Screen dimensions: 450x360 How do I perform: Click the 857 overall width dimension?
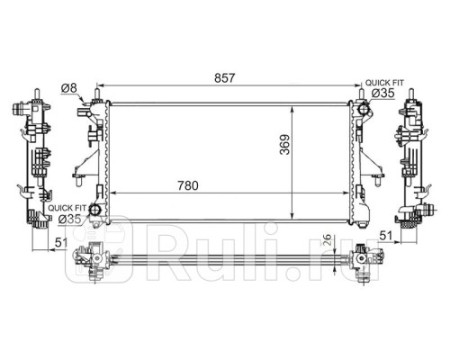point(224,78)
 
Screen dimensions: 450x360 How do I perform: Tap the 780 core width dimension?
point(188,185)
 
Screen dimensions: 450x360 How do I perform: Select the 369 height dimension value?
point(284,145)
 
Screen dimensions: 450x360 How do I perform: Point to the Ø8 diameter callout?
point(69,88)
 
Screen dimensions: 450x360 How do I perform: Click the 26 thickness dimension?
point(329,239)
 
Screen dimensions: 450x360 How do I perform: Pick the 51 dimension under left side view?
point(61,243)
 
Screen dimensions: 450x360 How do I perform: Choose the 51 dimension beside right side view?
point(386,236)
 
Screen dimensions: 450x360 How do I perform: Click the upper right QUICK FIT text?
point(384,83)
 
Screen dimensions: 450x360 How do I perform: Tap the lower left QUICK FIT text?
point(67,208)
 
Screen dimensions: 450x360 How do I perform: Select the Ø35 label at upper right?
point(383,94)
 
